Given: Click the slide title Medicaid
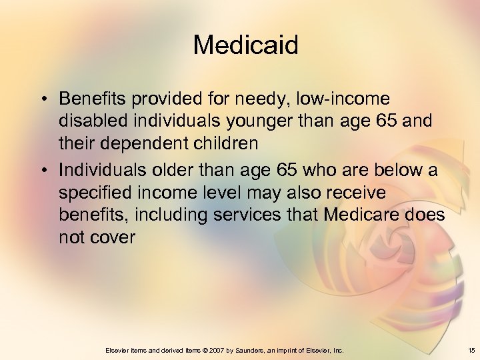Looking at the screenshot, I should [245, 45].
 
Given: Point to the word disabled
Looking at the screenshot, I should [89, 121].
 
